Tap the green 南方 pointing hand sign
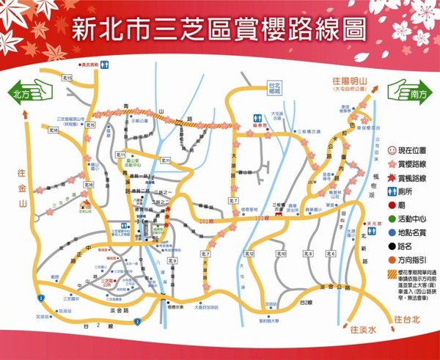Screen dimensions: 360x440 pos(408,94)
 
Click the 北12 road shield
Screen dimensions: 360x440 pos(249,253)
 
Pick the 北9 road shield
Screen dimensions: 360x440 pos(172,260)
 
